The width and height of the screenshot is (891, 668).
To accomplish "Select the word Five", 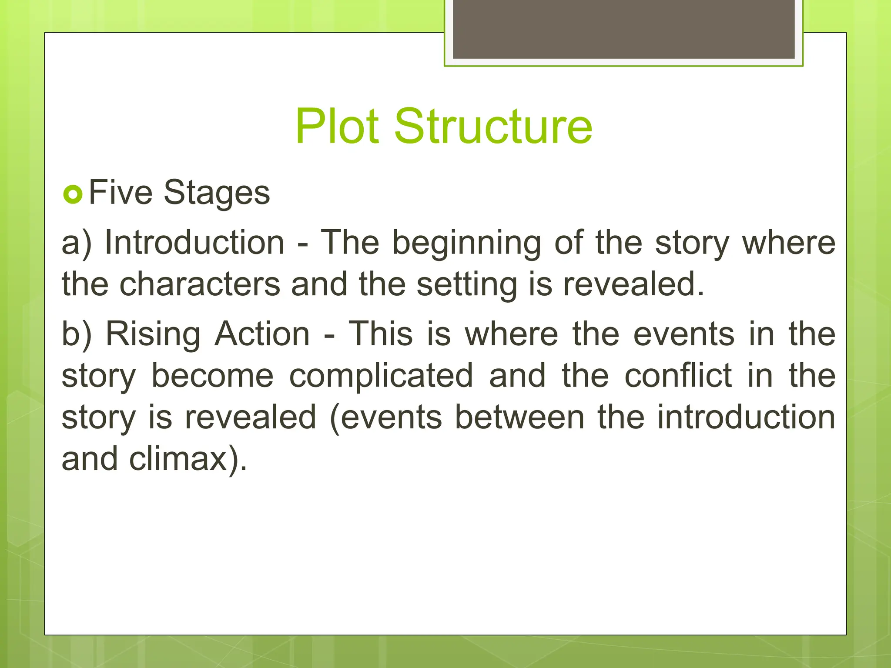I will tap(121, 192).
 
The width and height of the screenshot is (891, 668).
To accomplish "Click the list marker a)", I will tap(77, 243).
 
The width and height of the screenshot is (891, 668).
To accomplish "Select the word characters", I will tap(200, 284).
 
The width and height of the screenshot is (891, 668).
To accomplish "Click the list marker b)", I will tap(77, 334).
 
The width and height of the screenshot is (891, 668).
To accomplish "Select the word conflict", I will tap(678, 375).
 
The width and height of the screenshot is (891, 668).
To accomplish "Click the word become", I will tap(212, 376).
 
